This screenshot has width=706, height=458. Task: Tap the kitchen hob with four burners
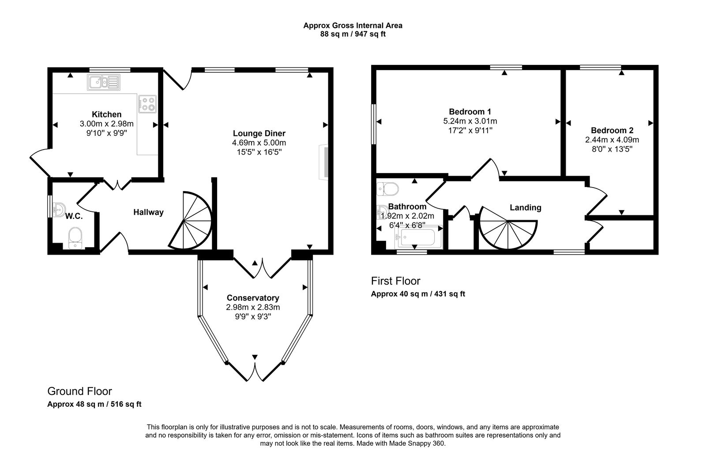[x=147, y=104]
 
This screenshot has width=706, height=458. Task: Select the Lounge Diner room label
[x=259, y=133]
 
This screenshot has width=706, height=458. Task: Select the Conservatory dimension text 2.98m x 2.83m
[x=253, y=307]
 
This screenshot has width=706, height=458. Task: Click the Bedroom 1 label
[x=470, y=111]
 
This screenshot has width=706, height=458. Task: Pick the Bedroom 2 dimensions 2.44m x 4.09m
[x=612, y=140]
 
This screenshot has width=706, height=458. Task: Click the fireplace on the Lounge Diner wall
[x=324, y=161]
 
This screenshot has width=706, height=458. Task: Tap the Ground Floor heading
[x=79, y=391]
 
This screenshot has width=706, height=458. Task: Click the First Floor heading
[x=395, y=281]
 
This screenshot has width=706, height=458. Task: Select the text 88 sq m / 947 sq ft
[x=353, y=34]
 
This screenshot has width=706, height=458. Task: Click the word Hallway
[x=148, y=212]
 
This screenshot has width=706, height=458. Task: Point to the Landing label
[x=525, y=207]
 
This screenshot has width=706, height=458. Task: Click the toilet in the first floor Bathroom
[x=388, y=189]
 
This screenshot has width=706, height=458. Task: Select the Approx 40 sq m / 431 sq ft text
[x=418, y=294]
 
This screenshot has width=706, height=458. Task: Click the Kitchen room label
[x=106, y=114]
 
